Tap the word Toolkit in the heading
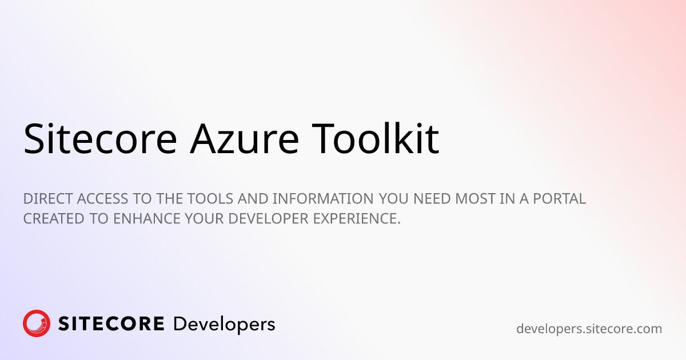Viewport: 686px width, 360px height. [x=376, y=138]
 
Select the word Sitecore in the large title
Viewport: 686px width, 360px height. [x=100, y=139]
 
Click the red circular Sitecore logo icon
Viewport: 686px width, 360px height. [x=37, y=323]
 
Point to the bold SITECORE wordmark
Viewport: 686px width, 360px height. [x=111, y=324]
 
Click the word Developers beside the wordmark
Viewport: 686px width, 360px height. [x=224, y=325]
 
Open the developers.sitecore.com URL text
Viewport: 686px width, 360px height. [x=589, y=329]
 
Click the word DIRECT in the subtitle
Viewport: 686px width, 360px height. [x=48, y=199]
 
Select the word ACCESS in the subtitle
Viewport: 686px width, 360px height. [x=102, y=199]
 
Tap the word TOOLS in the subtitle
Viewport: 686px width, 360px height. [x=210, y=199]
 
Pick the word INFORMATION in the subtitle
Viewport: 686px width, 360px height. [x=323, y=199]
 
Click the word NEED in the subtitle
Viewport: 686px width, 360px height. [x=432, y=199]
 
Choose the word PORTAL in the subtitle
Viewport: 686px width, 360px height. [x=560, y=199]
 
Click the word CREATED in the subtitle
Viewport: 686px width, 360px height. [x=54, y=218]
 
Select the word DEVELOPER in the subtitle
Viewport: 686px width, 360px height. [x=268, y=218]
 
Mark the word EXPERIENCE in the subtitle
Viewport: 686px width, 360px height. [x=355, y=218]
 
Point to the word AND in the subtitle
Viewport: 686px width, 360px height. [x=253, y=199]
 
